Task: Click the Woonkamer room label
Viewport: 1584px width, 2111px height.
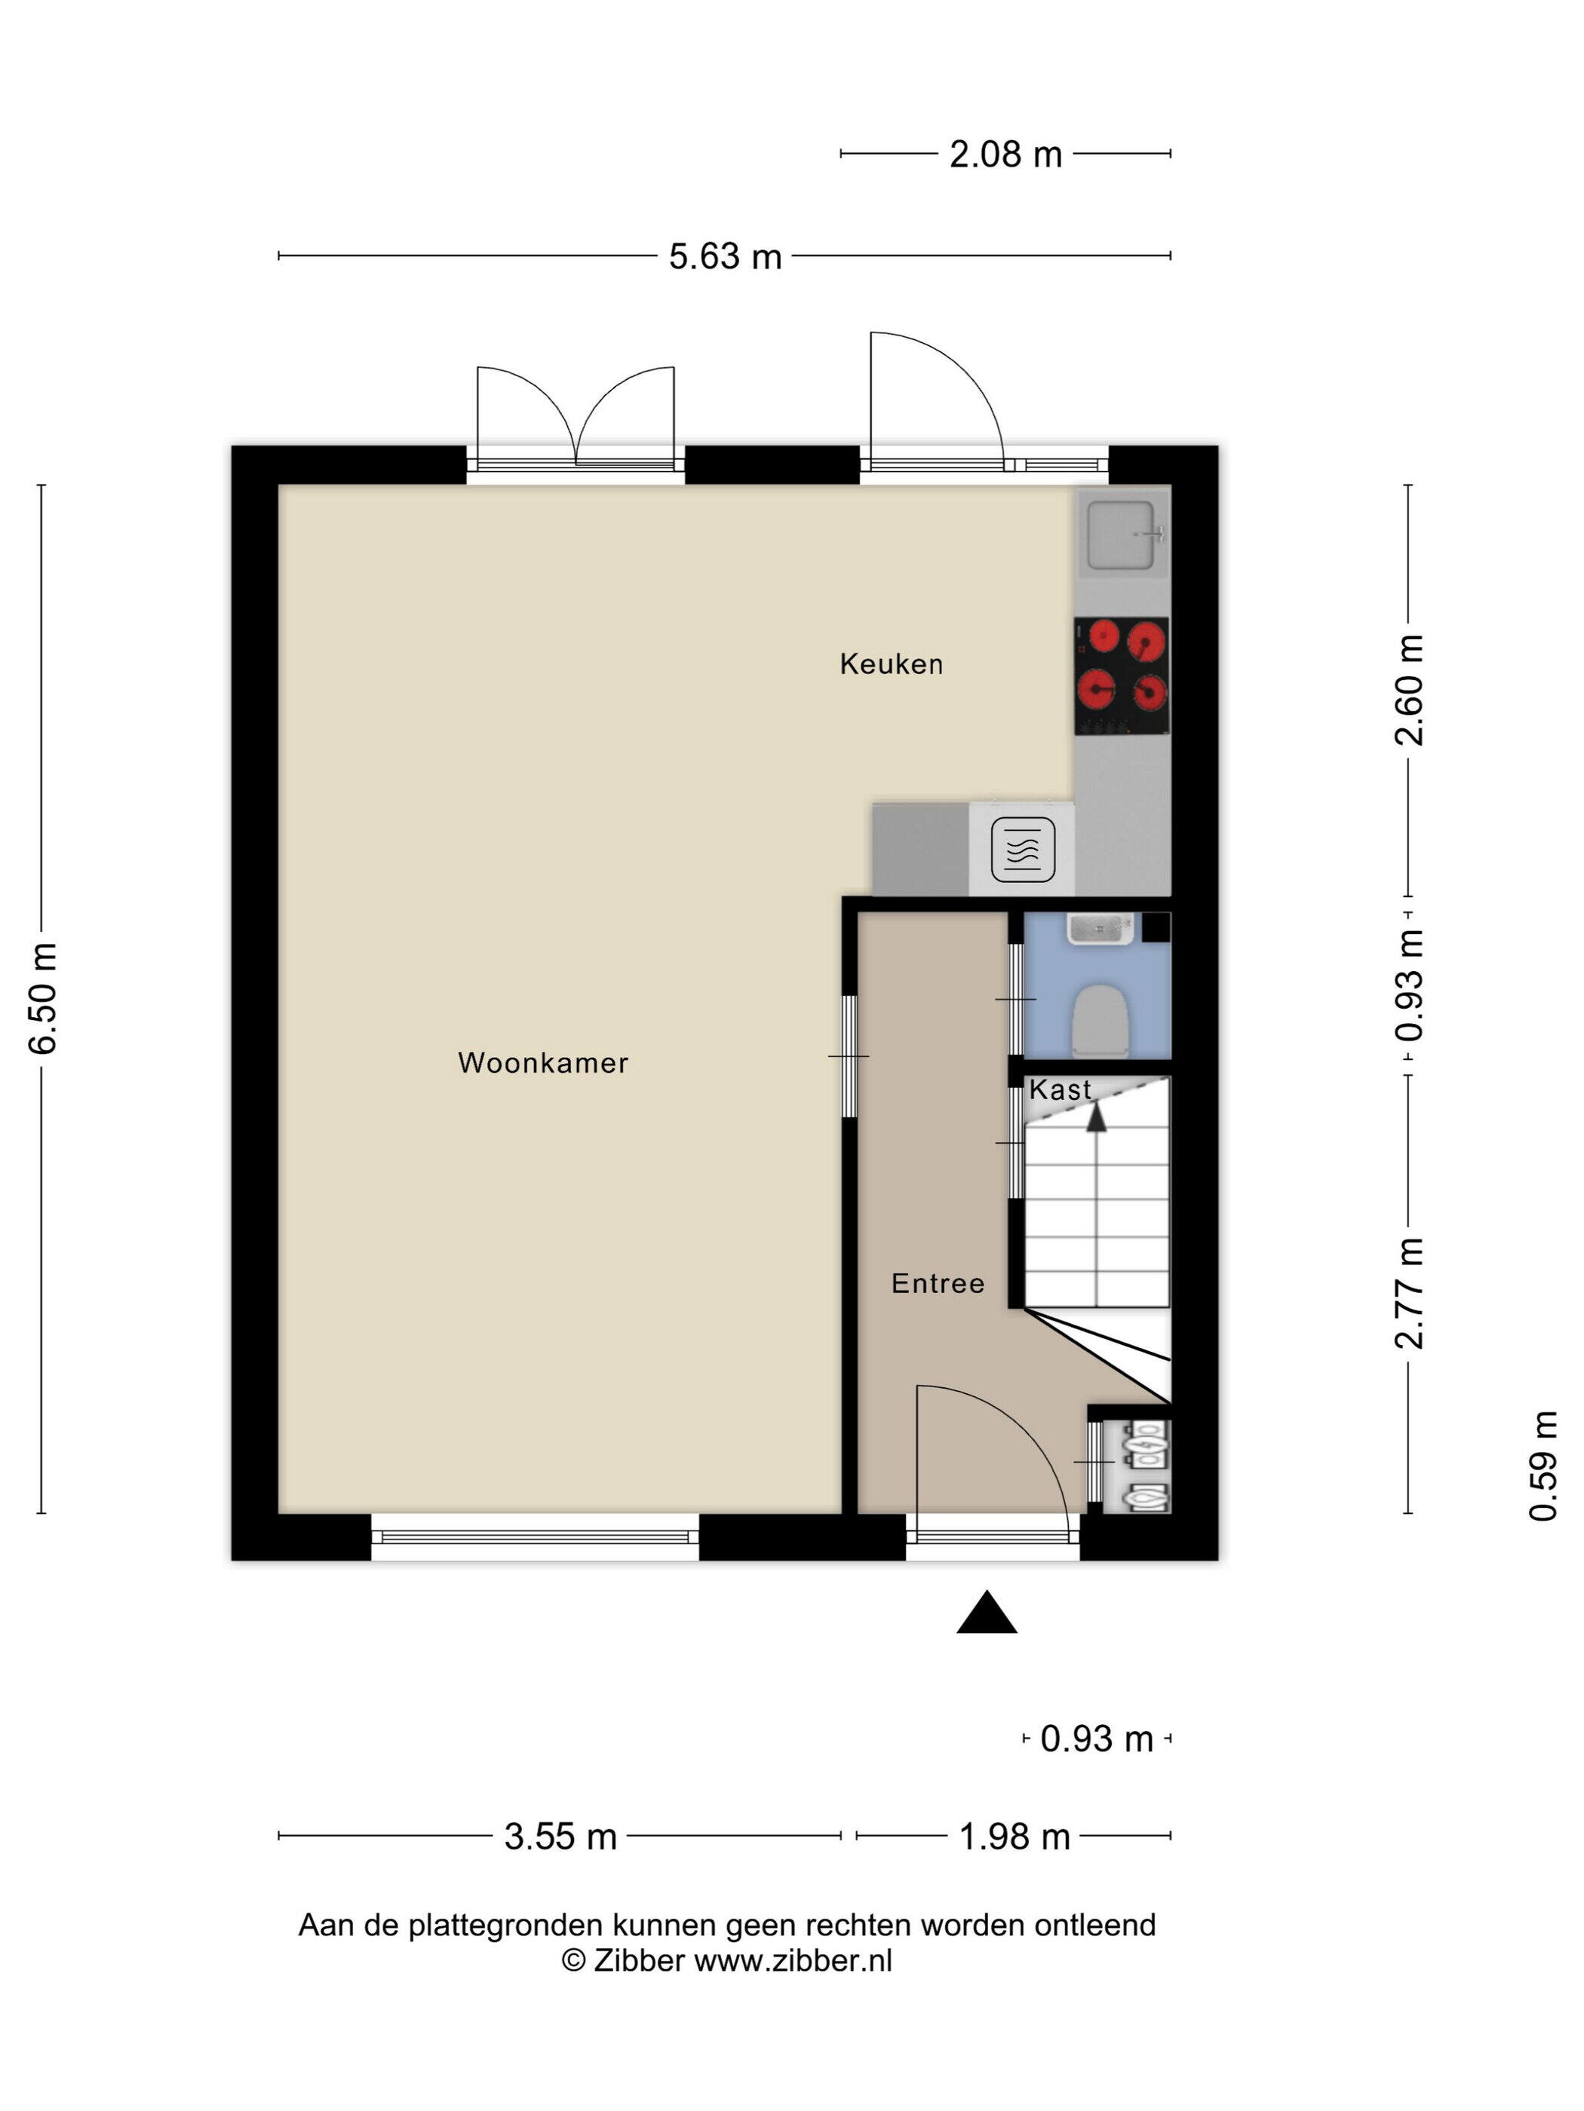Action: coord(542,1063)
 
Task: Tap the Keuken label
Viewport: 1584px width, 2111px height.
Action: coord(891,664)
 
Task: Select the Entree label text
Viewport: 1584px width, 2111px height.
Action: coord(938,1284)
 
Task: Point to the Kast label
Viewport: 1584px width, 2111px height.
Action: coord(1060,1090)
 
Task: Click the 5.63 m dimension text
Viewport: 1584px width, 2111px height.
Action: coord(725,257)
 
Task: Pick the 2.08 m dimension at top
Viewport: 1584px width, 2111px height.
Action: coord(1005,155)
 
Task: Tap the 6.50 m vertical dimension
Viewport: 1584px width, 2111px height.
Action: coord(44,998)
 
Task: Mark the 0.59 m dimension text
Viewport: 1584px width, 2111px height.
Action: coord(1543,1466)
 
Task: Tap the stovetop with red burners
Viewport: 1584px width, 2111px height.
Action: coord(1122,676)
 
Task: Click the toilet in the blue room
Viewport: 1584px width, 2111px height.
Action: coord(1101,1020)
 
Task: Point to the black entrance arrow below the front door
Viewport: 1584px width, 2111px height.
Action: coord(987,1612)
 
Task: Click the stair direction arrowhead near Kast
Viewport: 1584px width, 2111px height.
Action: coord(1096,1116)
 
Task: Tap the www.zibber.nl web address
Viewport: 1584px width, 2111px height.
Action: coord(793,1960)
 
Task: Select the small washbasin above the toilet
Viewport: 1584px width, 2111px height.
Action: coord(1100,929)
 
